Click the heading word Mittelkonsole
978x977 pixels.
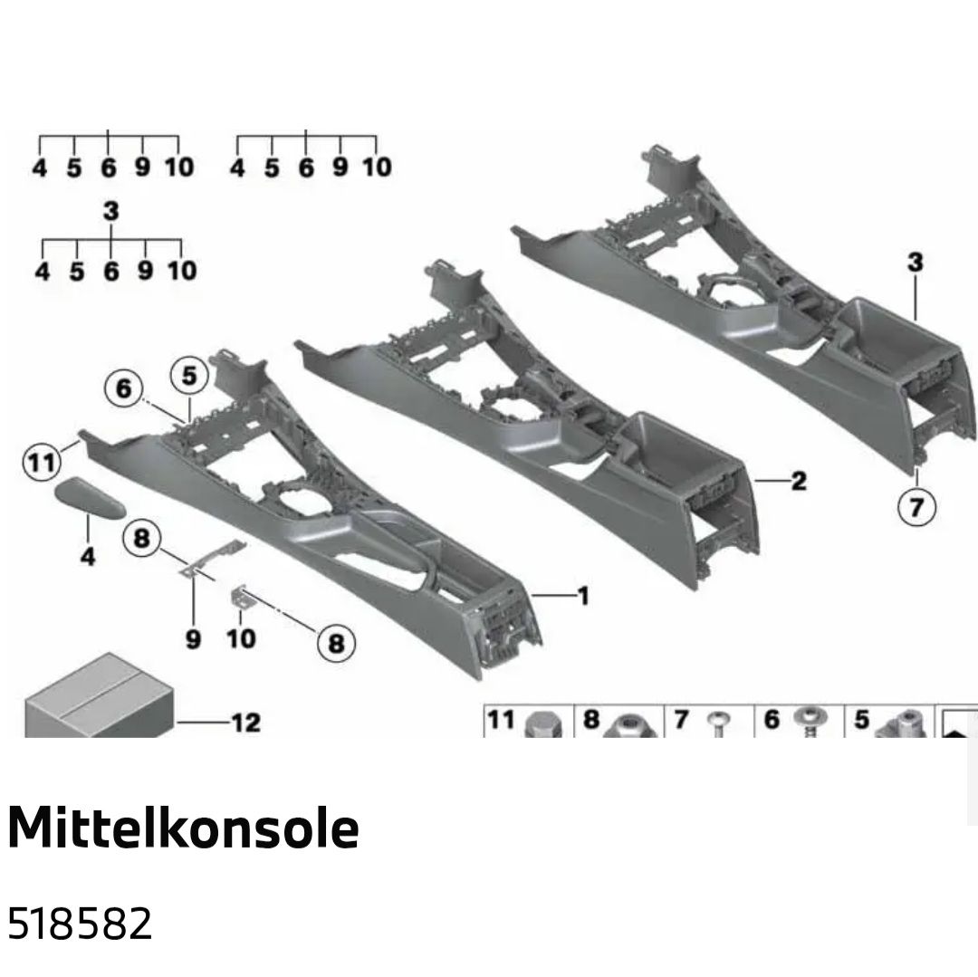[x=183, y=828]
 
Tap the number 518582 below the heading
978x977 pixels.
[x=79, y=924]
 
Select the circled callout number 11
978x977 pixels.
[x=43, y=463]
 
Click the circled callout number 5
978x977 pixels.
[x=189, y=376]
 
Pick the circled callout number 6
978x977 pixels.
[x=123, y=388]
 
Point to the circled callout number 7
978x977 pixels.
[x=916, y=505]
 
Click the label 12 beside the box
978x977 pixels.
[x=245, y=723]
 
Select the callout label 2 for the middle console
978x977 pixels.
[x=799, y=481]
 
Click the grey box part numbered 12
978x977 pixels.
[x=99, y=697]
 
